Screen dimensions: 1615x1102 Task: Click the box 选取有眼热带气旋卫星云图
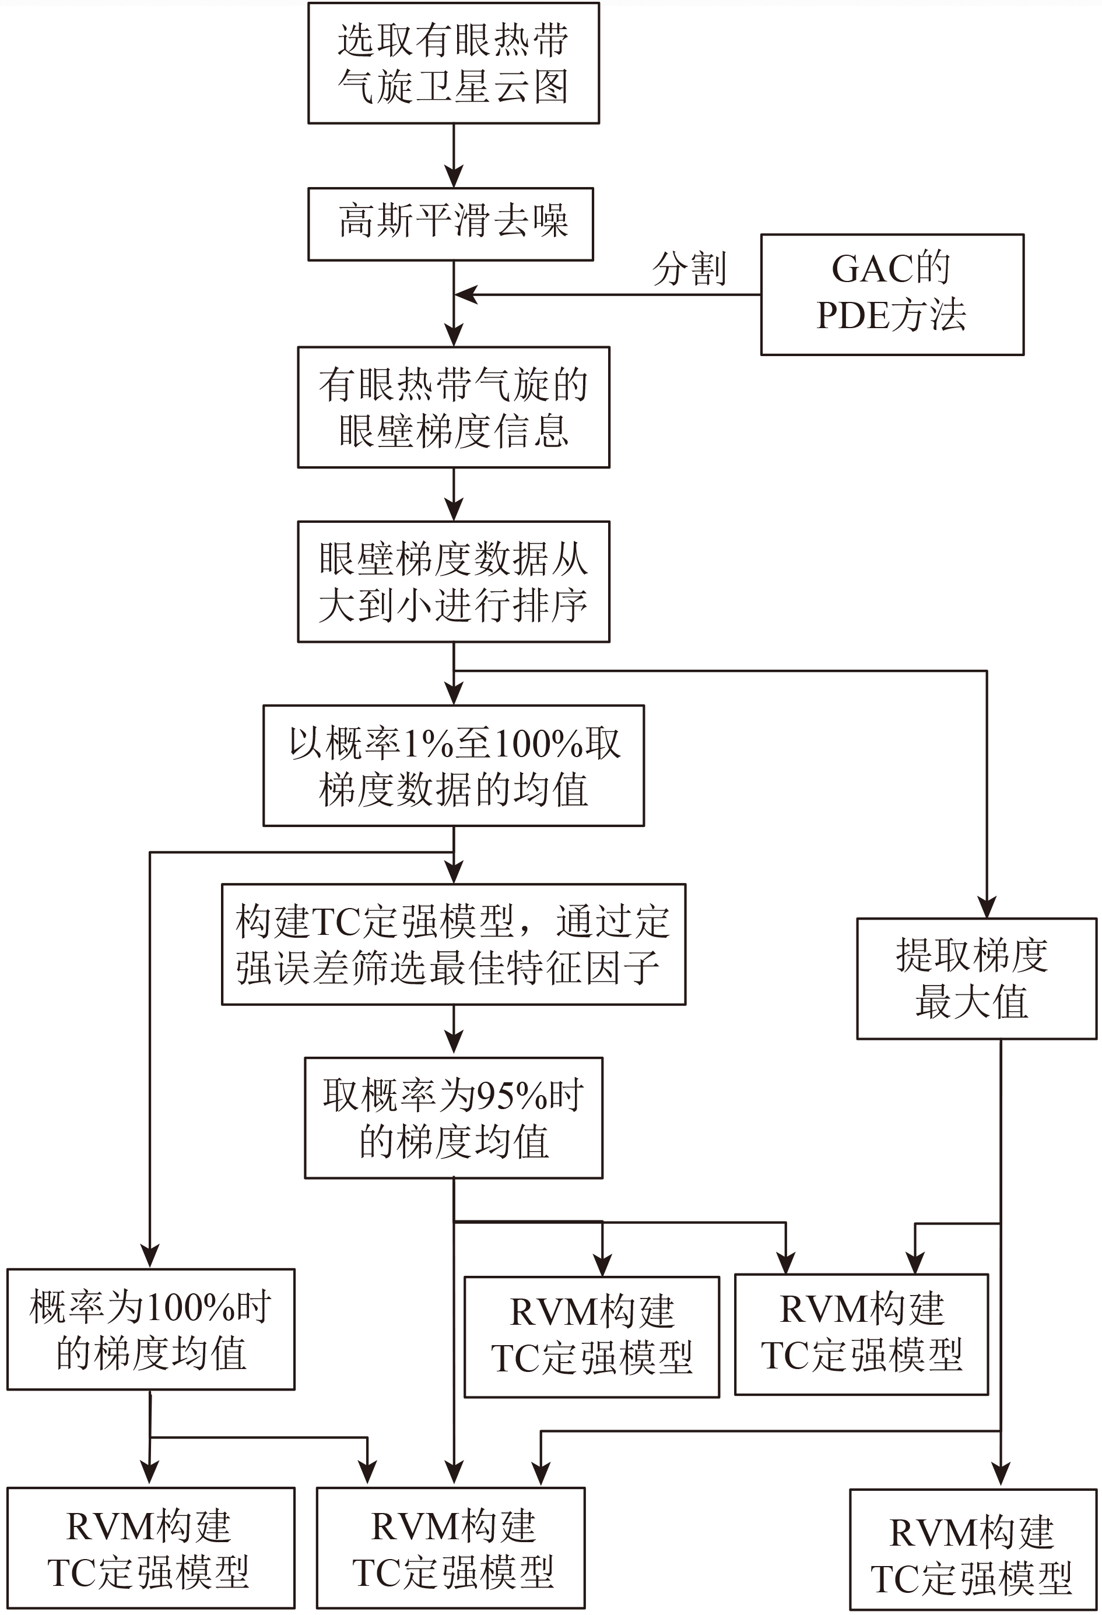click(453, 64)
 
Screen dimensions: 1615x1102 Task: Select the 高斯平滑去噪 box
click(451, 224)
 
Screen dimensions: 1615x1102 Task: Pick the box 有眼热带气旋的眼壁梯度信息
click(453, 407)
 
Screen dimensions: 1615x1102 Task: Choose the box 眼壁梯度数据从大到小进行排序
click(453, 582)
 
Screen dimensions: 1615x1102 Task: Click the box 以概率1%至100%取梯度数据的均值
click(453, 766)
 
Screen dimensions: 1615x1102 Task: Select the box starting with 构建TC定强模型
click(453, 944)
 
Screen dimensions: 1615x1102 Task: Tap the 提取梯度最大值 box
click(976, 979)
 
